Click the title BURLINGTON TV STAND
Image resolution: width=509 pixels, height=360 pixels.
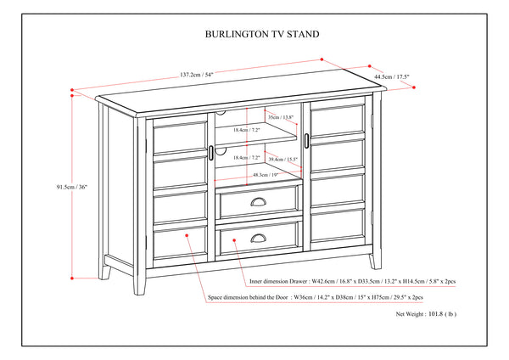pos(255,36)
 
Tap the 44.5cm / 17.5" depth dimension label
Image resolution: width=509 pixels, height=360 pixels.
pos(392,77)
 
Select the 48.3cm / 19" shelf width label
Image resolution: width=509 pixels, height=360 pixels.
pos(266,175)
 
